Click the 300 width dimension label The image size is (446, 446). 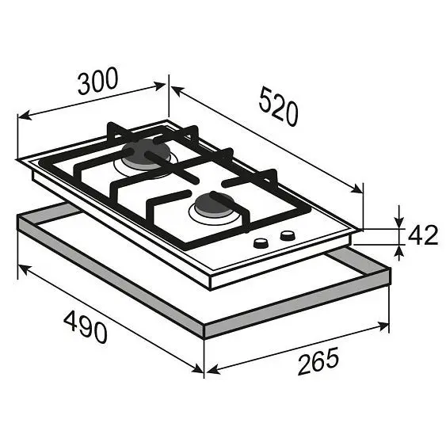point(97,81)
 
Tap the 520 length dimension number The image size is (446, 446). point(279,106)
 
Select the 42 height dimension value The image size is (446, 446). point(423,235)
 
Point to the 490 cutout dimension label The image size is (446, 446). point(86,327)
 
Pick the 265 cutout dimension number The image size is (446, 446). point(318,361)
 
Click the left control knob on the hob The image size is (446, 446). point(261,244)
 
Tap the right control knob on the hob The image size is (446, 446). point(288,235)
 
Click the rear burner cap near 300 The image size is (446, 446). point(146,154)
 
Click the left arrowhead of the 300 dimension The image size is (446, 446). point(25,116)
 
